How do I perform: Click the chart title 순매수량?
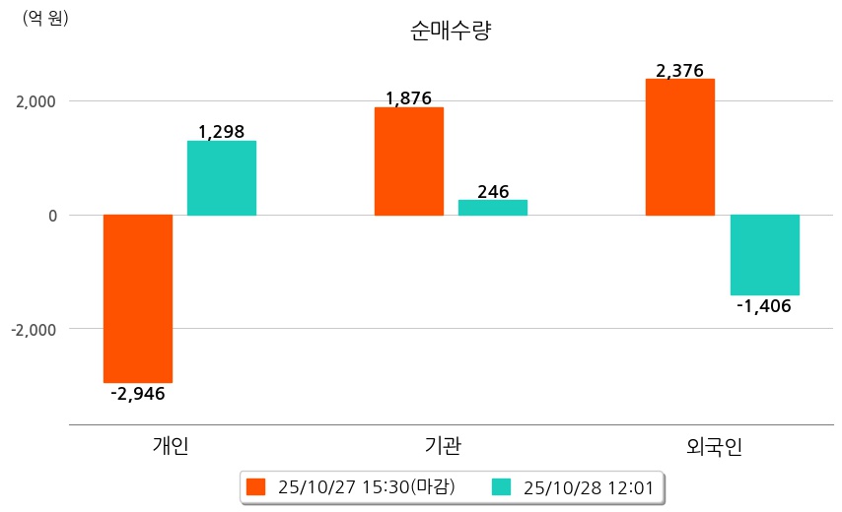[x=450, y=31]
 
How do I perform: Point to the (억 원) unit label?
[x=45, y=18]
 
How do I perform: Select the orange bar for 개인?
[x=138, y=298]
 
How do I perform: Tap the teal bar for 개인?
[x=222, y=178]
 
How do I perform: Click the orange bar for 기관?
[x=409, y=161]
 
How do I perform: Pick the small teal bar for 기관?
[x=493, y=208]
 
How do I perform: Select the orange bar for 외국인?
[x=680, y=147]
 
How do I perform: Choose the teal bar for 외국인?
[x=765, y=255]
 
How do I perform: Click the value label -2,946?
[x=138, y=394]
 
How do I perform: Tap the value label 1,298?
[x=221, y=131]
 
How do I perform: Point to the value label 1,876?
[x=409, y=98]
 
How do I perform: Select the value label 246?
[x=493, y=192]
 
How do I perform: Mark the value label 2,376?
[x=680, y=70]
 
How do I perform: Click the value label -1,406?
[x=764, y=306]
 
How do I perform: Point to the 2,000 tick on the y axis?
[x=35, y=101]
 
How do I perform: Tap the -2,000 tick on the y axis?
[x=34, y=329]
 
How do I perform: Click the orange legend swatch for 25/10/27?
[x=256, y=486]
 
